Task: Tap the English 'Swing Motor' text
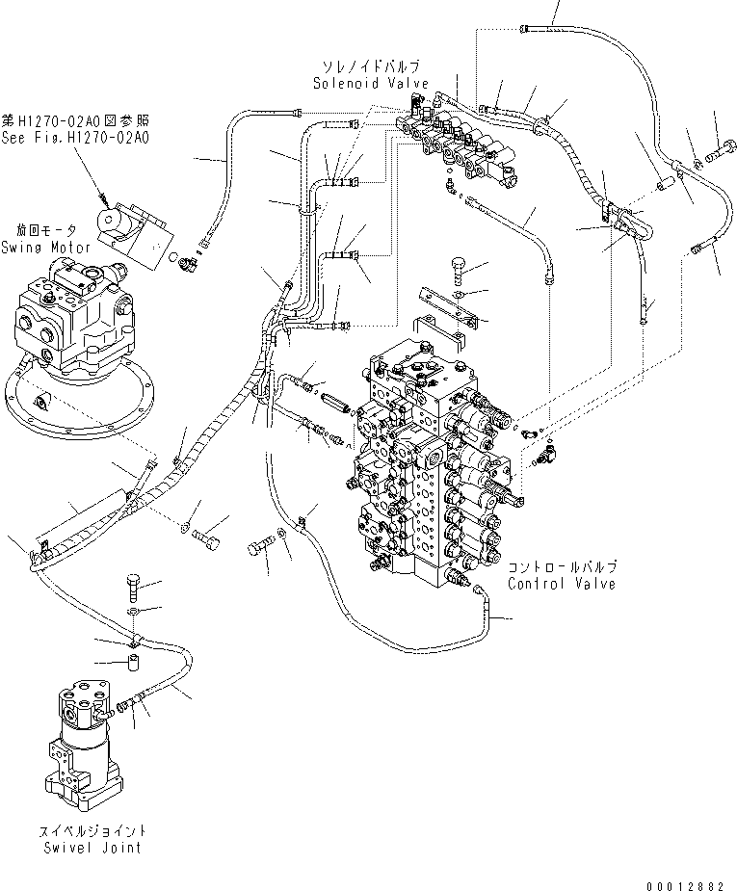pyautogui.click(x=53, y=248)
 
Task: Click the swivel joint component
pyautogui.click(x=82, y=742)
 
